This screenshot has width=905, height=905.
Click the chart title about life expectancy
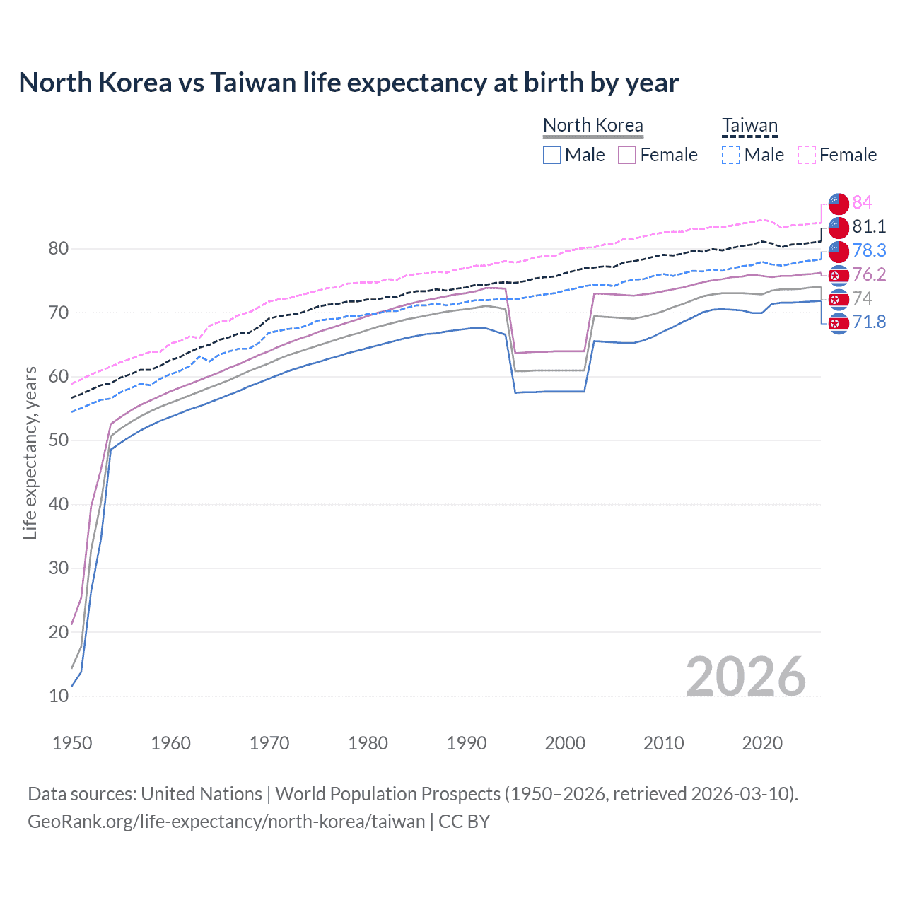pyautogui.click(x=349, y=83)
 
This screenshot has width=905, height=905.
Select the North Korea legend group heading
pyautogui.click(x=592, y=125)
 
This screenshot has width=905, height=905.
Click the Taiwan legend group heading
pyautogui.click(x=749, y=126)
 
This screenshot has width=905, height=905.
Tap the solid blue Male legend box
pyautogui.click(x=552, y=155)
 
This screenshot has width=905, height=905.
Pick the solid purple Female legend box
pyautogui.click(x=627, y=155)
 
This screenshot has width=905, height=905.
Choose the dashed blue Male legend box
pyautogui.click(x=731, y=155)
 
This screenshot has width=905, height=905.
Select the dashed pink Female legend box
pyautogui.click(x=806, y=155)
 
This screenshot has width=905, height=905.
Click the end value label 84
pyautogui.click(x=862, y=202)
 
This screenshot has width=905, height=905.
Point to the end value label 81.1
pyautogui.click(x=869, y=226)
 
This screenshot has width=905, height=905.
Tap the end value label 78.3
pyautogui.click(x=869, y=250)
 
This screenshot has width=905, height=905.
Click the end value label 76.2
pyautogui.click(x=869, y=274)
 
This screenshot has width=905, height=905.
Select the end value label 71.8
pyautogui.click(x=869, y=322)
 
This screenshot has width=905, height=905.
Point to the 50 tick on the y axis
pyautogui.click(x=59, y=440)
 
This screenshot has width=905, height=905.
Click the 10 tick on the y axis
pyautogui.click(x=59, y=696)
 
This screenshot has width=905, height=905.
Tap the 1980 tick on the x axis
pyautogui.click(x=368, y=743)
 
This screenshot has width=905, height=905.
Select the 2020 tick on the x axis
pyautogui.click(x=762, y=743)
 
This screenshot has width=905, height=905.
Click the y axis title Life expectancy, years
pyautogui.click(x=30, y=452)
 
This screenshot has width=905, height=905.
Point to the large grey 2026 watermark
pyautogui.click(x=745, y=677)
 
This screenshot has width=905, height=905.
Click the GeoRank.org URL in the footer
pyautogui.click(x=226, y=822)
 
